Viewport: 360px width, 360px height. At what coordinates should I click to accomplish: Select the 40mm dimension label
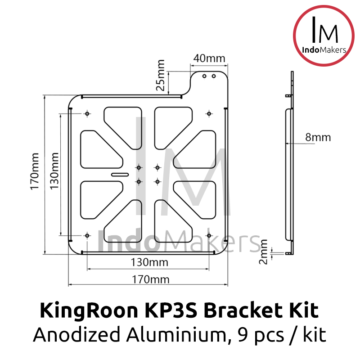[x=209, y=58]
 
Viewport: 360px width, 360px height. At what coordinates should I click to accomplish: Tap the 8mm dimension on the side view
[x=318, y=137]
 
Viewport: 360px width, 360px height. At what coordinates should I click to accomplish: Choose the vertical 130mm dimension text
[x=54, y=171]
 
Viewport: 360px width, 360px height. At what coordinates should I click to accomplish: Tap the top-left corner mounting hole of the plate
[x=87, y=113]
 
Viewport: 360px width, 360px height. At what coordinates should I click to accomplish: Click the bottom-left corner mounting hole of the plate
[x=87, y=235]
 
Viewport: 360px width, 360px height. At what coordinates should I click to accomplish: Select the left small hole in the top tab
[x=204, y=76]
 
